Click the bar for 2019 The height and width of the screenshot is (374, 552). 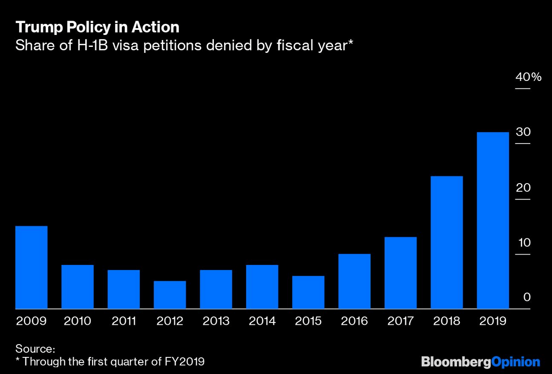coord(493,220)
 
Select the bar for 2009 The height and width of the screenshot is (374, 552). coord(32,267)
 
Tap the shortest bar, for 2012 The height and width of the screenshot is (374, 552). coord(170,295)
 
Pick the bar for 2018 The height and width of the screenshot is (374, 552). coord(446,242)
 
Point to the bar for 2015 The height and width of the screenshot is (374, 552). coord(308,293)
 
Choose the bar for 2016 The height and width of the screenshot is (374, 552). coord(354,281)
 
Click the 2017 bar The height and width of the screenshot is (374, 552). coord(400,273)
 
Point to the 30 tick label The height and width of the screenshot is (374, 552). coord(523,132)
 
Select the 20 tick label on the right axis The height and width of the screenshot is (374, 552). coord(523,188)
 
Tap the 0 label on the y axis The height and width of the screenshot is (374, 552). coord(527,298)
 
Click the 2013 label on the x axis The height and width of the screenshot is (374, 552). coord(216,321)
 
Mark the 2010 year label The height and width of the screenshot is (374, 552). coord(78,321)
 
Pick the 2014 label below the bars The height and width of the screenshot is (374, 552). coord(262,321)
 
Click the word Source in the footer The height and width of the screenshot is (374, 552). coord(35,348)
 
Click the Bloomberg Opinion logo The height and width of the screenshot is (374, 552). coord(480,362)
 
